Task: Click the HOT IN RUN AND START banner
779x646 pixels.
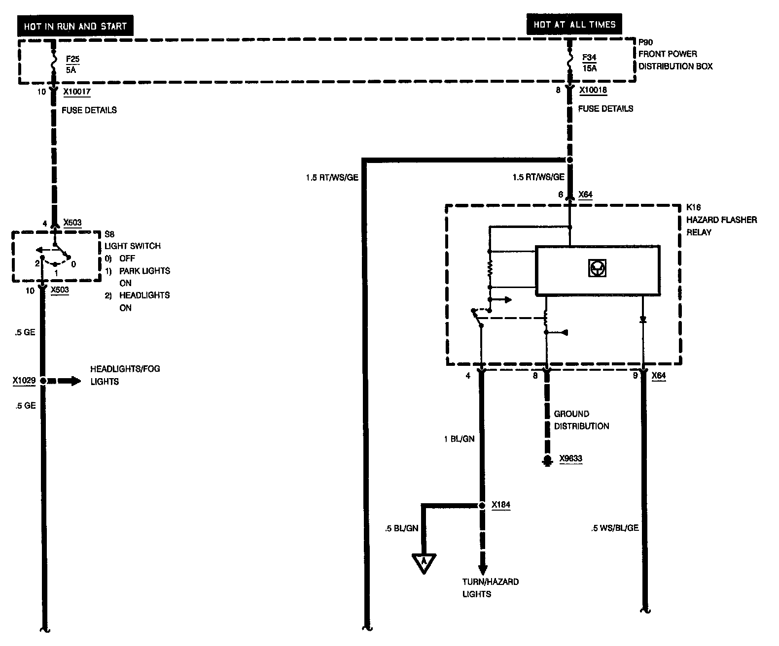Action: [x=75, y=26]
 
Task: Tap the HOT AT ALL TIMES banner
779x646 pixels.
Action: [x=574, y=24]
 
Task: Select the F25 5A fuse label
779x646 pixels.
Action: [x=72, y=65]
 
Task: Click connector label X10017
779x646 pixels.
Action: [x=77, y=92]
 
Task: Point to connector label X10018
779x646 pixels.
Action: [x=593, y=91]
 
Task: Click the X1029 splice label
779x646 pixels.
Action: [x=24, y=381]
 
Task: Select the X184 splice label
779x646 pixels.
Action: [x=500, y=505]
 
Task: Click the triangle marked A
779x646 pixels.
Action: [x=424, y=562]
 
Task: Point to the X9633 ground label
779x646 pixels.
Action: [x=570, y=459]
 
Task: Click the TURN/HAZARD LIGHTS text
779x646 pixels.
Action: [x=490, y=588]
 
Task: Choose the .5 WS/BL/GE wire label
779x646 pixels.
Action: [x=614, y=528]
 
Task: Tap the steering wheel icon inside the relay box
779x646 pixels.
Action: [x=597, y=268]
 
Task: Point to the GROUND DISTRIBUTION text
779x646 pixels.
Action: [x=581, y=420]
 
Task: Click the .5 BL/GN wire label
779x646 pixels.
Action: [x=401, y=528]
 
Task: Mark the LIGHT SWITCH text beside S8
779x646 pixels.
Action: [x=132, y=246]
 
